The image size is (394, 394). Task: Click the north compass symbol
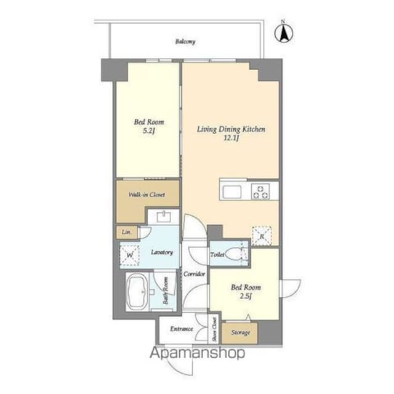coord(284,33)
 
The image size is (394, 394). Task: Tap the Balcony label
coord(185,41)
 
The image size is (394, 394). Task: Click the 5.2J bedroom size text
coord(148,131)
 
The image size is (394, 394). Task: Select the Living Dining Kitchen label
coord(231,129)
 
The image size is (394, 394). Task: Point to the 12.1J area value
coord(231,138)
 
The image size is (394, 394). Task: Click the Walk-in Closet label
coord(147,195)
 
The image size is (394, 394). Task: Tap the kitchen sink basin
coord(232,191)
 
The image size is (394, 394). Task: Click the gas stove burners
coord(260,191)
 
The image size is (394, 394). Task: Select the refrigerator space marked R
coord(262,236)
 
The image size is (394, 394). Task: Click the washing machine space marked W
coord(129,255)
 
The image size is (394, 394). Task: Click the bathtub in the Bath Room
coord(137,292)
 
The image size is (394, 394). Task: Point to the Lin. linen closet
coord(127,232)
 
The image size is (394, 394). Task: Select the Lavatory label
coord(162,252)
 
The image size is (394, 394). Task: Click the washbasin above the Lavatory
coord(164,216)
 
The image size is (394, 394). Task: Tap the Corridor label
coord(194,273)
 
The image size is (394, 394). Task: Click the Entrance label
coord(182,329)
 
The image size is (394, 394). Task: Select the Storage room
coord(239,333)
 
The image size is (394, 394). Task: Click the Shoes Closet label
coord(214,329)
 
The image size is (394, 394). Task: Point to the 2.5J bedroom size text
coord(246,296)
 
